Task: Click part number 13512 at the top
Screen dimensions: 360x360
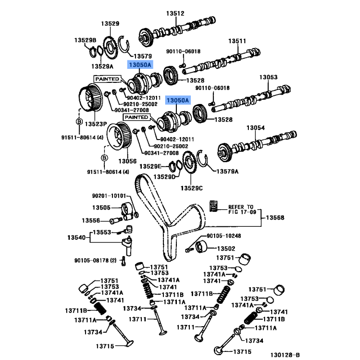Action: point(175,13)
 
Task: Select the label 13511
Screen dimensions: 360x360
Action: point(237,41)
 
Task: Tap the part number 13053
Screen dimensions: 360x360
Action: point(268,77)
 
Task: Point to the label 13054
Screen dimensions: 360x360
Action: point(256,128)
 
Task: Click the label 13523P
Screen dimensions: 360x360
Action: point(96,124)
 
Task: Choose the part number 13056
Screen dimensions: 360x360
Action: point(127,161)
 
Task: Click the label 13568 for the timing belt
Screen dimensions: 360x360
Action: point(275,217)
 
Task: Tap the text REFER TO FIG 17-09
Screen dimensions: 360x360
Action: point(242,209)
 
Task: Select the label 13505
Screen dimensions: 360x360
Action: point(101,207)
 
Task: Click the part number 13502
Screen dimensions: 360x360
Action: point(226,249)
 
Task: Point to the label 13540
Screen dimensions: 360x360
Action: point(76,238)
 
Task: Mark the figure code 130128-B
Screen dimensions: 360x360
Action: point(285,355)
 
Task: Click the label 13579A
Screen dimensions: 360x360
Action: point(227,171)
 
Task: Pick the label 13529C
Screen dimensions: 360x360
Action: point(192,188)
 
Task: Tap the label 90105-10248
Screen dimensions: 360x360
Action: point(224,236)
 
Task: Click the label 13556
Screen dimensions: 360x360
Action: point(91,220)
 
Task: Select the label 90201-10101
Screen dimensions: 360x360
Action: point(109,196)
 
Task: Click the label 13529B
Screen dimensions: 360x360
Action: point(85,40)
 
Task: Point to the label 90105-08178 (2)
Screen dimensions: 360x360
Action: point(95,261)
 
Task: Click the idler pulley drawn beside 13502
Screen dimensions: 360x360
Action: point(201,246)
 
